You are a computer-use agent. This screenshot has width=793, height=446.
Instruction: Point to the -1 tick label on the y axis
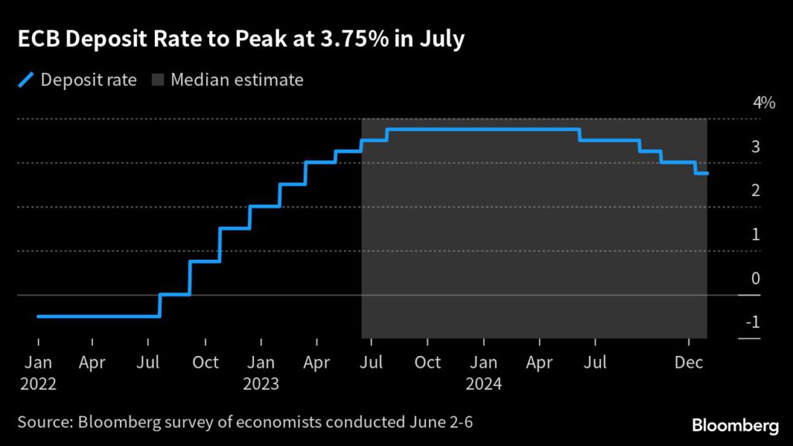751,323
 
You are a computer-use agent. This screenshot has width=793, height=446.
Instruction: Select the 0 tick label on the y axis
755,278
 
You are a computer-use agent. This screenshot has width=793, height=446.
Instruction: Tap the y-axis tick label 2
755,191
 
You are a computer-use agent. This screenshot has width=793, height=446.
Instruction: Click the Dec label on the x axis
689,362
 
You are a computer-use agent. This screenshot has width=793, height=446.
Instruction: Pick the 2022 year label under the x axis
39,383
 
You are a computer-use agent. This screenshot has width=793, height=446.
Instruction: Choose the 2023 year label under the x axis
262,383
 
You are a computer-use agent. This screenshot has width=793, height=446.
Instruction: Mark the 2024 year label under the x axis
484,383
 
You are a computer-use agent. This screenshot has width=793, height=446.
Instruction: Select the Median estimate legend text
237,80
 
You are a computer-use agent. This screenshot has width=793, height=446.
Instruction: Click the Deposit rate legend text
88,80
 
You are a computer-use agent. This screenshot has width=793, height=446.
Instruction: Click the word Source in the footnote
43,424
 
